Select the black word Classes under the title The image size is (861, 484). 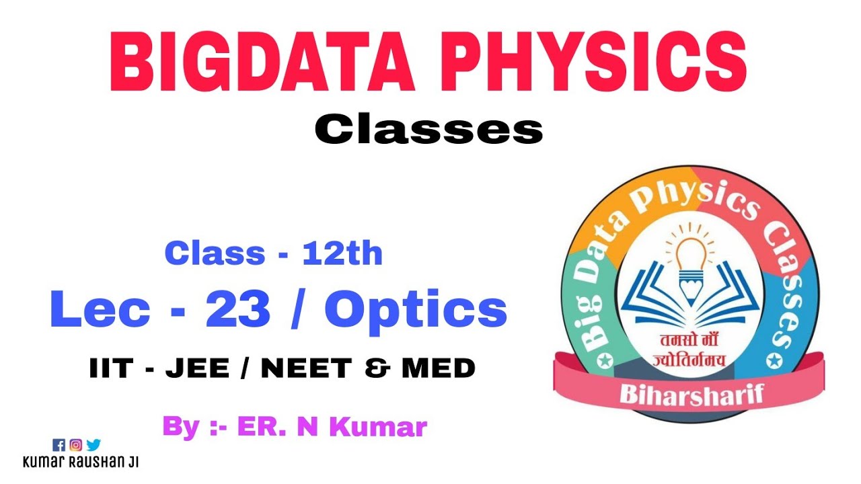click(428, 130)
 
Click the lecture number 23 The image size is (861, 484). click(239, 310)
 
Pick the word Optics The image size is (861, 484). click(416, 310)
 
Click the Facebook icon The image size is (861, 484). click(59, 445)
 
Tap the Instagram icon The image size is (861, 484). click(76, 445)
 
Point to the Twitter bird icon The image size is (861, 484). click(93, 445)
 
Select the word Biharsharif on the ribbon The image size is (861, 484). click(691, 393)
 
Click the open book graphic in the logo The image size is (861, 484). click(691, 306)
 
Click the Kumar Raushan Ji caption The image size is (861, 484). click(81, 462)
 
